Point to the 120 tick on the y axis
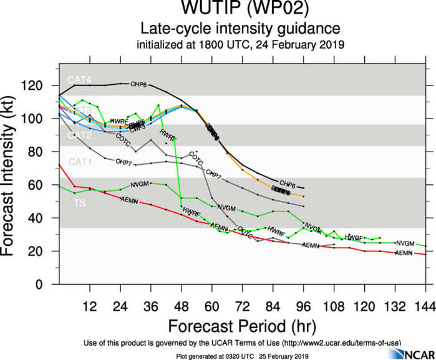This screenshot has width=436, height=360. pos(43,85)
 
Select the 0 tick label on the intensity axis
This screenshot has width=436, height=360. pos(47,285)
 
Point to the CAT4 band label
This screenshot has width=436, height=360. pos(80,80)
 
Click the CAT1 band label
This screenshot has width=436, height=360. pos(80,162)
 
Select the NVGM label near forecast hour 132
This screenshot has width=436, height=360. pos(405,243)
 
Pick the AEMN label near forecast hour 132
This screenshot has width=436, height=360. pos(405,253)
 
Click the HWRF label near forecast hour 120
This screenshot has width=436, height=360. pos(354,238)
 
